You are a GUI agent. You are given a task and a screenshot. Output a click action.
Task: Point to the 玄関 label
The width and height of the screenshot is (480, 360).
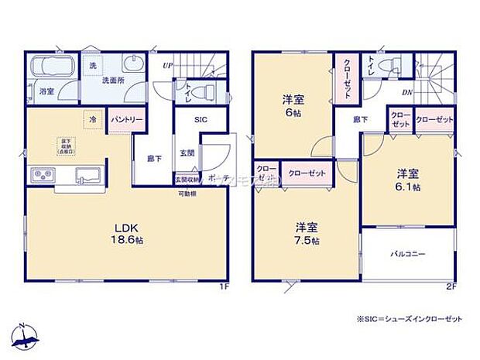coord(187,153)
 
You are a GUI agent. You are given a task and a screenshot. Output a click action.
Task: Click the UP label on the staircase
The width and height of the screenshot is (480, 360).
coord(167,66)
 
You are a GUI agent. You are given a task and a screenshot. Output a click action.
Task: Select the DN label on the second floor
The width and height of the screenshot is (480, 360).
coord(406,94)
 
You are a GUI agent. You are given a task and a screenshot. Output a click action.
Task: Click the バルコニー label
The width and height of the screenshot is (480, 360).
coord(407,253)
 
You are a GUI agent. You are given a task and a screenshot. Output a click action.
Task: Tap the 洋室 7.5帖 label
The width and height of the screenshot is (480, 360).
coord(307,233)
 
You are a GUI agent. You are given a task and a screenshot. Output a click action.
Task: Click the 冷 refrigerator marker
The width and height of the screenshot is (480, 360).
coord(92,120)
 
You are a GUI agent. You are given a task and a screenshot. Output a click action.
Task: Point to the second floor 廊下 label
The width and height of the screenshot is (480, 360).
coord(361,119)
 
